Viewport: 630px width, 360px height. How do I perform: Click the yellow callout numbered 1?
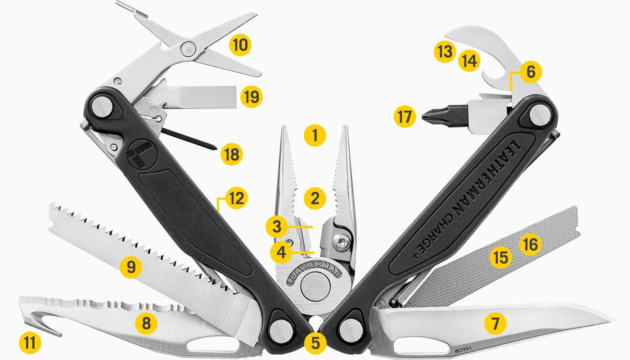(315, 135)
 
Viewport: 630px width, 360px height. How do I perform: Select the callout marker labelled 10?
(240, 45)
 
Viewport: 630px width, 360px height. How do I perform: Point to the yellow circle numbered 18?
(231, 155)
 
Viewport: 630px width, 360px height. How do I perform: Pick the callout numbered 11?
(30, 343)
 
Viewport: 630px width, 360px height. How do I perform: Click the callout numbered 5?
(315, 343)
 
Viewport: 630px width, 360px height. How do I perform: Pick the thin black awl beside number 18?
(189, 139)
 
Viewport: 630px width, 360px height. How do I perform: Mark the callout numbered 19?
(251, 96)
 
